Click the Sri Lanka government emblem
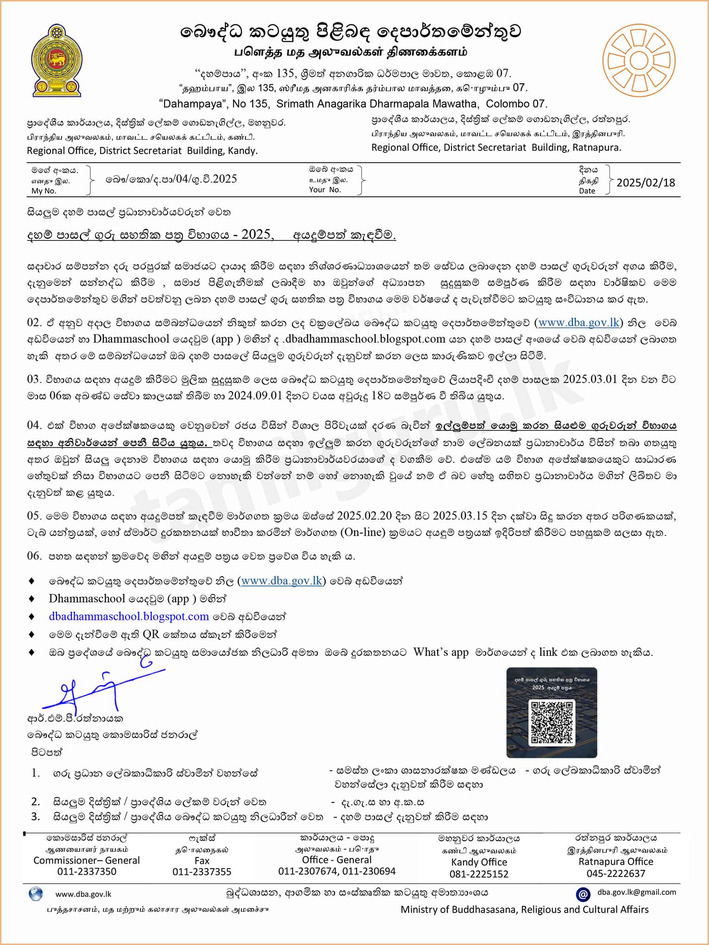click(x=56, y=60)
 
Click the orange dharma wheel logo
click(x=639, y=60)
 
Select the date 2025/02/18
click(x=646, y=182)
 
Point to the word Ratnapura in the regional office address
click(x=596, y=147)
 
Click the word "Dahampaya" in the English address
click(x=190, y=103)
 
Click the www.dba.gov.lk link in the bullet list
click(x=282, y=580)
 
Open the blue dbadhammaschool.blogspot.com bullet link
click(x=129, y=616)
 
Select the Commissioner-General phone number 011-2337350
click(x=87, y=871)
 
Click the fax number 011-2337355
click(x=202, y=872)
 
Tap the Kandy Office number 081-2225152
click(x=479, y=874)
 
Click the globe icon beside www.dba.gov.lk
click(x=36, y=894)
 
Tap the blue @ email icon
click(x=583, y=894)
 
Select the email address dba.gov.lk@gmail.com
click(x=636, y=892)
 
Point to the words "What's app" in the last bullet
click(x=441, y=652)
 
